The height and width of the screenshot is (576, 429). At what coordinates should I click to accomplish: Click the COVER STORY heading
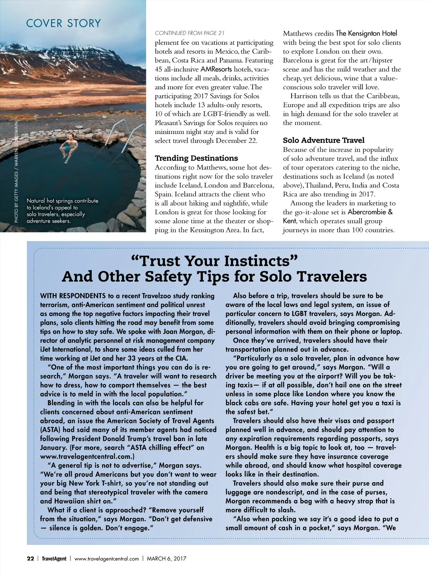coord(63,23)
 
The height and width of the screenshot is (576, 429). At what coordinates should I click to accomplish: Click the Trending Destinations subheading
coord(196,158)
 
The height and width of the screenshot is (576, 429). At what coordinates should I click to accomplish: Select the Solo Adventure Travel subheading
coord(323,140)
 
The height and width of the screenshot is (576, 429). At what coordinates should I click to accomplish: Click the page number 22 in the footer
coord(30,558)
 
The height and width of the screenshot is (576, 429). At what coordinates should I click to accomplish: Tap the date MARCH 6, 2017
coord(166,558)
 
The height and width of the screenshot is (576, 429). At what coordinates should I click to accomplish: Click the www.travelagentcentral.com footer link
coord(106,558)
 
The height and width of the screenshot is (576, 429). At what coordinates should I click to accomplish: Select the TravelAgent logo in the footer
coord(54,558)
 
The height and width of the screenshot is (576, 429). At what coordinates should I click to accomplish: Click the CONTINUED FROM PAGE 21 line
coord(189,33)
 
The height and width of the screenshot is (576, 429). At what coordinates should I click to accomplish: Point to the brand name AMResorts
coord(216,69)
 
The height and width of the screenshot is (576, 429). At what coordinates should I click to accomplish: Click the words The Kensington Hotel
coord(366,33)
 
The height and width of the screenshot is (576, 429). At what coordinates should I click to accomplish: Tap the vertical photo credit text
coord(16,172)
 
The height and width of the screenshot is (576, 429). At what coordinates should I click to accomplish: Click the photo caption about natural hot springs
coord(62,211)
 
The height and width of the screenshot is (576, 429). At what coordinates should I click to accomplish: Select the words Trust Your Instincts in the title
coord(214,261)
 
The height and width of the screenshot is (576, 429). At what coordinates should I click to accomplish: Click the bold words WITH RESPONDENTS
coord(73,296)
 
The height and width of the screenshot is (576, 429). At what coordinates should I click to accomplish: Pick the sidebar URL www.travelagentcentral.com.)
coord(87,456)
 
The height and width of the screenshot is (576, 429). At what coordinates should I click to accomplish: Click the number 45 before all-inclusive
coord(158,69)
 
